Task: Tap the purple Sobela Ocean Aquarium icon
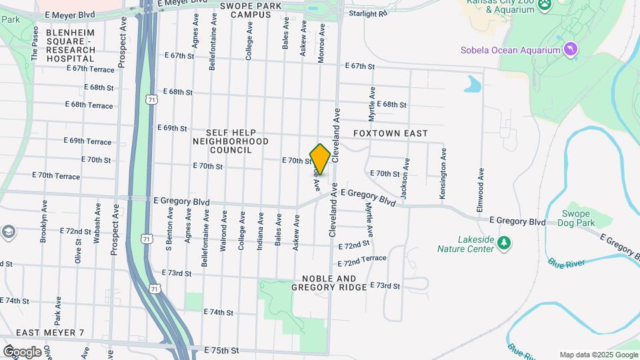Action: coord(570,49)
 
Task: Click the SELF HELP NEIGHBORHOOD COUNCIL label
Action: coord(231,141)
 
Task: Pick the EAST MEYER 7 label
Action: coord(50,333)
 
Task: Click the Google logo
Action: coord(22,351)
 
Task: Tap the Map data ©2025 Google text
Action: coord(599,355)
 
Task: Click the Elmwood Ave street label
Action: coord(481,190)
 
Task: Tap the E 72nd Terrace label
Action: coord(362,258)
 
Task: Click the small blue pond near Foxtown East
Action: coord(473,84)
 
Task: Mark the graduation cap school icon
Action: coord(8,232)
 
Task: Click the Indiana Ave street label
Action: coord(260,231)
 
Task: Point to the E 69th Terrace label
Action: coord(87,141)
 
